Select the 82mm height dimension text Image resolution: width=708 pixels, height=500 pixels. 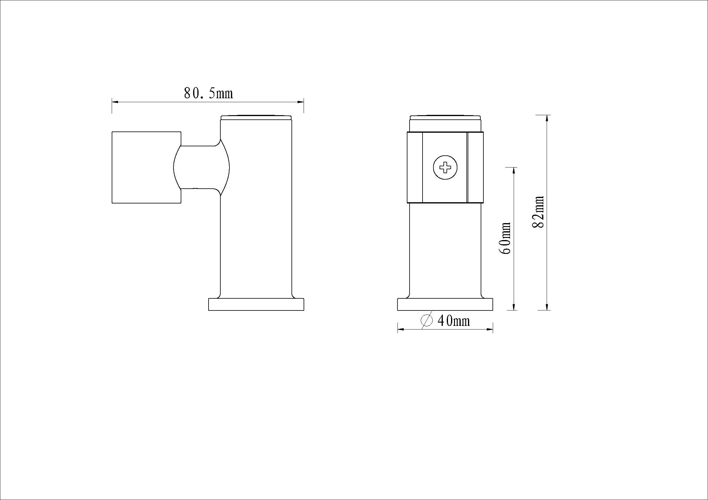point(538,212)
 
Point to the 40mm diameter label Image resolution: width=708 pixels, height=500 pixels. point(454,321)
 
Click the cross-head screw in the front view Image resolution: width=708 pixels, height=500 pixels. point(445,168)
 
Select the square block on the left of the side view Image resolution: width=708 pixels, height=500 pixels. point(146,167)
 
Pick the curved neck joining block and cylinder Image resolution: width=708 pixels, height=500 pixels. point(201,167)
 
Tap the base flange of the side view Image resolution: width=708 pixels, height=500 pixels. point(256,304)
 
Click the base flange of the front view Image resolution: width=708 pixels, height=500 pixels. point(445,304)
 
